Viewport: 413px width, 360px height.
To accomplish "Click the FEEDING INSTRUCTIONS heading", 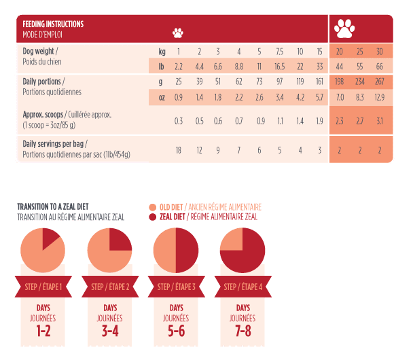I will tap(53, 24).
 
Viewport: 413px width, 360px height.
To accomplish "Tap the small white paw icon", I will tap(178, 32).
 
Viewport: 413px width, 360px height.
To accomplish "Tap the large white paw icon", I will tap(346, 29).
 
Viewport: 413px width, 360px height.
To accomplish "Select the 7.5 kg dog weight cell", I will tap(279, 52).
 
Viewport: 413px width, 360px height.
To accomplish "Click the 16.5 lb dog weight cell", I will tap(279, 66).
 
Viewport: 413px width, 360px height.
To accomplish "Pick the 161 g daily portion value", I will tap(319, 82).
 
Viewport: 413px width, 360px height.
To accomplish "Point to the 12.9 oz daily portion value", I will tap(379, 97).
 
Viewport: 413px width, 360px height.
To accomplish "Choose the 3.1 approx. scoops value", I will tap(379, 121).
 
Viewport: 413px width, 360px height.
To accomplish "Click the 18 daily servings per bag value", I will tap(179, 149).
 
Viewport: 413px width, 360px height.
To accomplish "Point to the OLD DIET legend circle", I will tap(151, 207).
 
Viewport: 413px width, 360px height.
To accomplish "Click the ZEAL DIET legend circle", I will tap(151, 217).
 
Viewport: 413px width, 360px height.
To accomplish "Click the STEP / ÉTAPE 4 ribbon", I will tap(243, 287).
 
